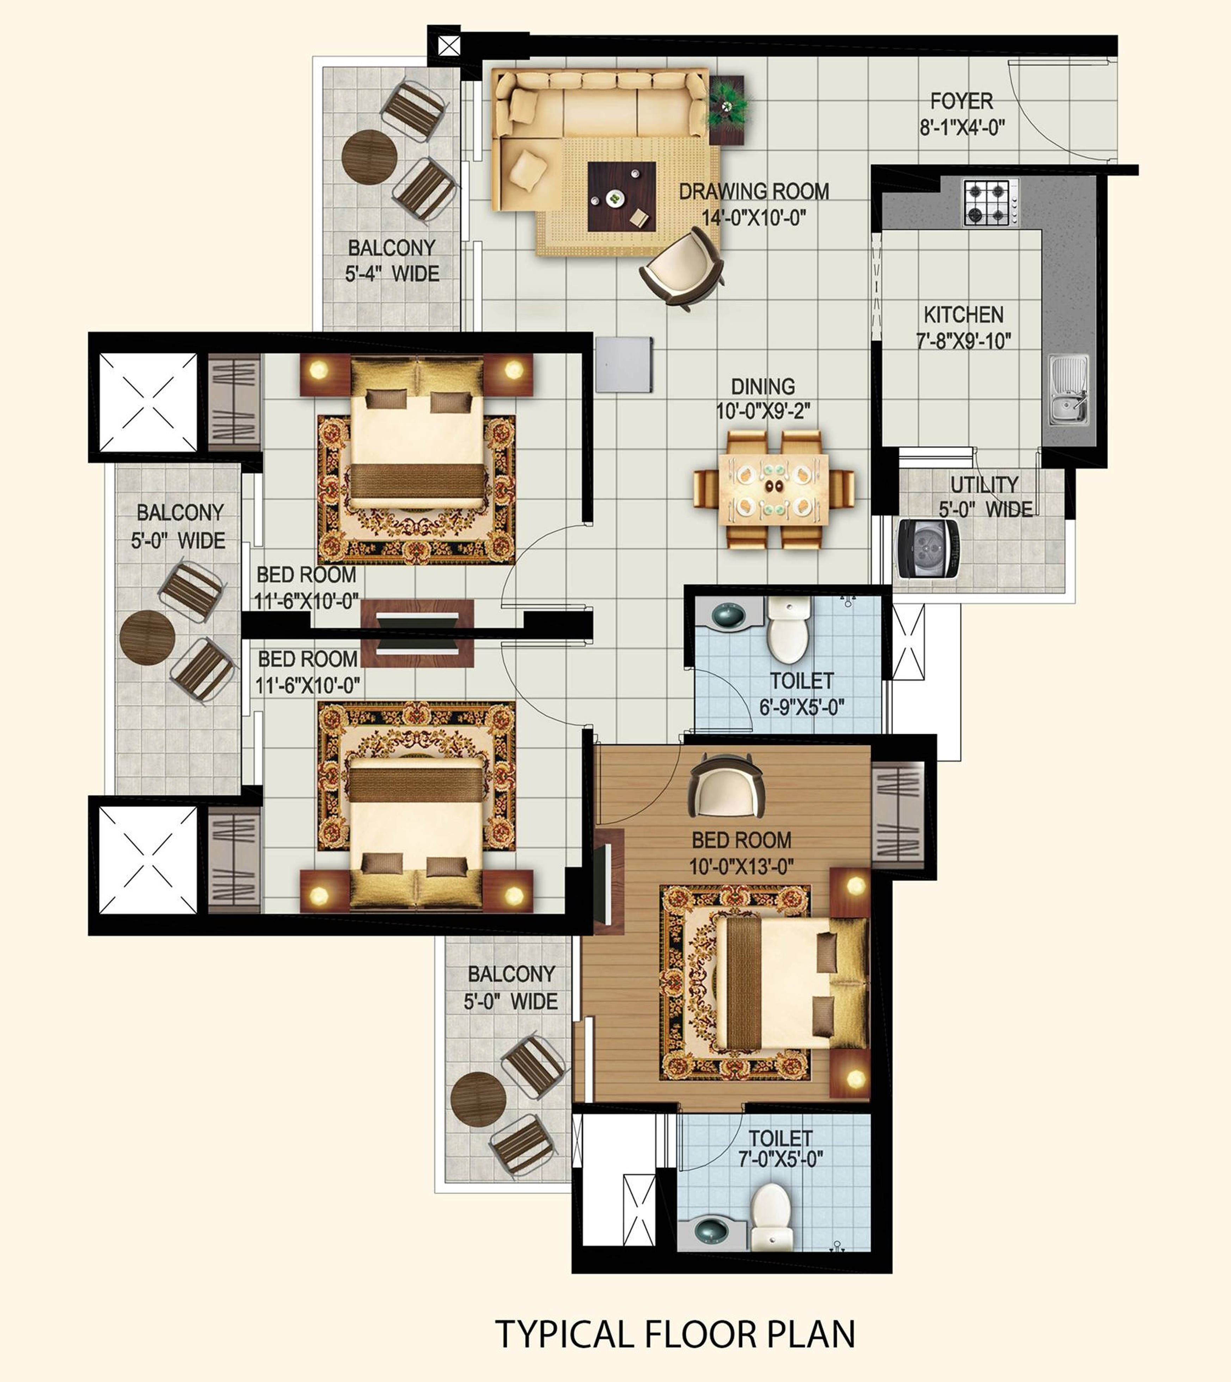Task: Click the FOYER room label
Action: [x=961, y=102]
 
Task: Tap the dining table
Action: [x=774, y=488]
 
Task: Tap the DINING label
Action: [x=763, y=386]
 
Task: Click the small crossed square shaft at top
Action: [x=449, y=46]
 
